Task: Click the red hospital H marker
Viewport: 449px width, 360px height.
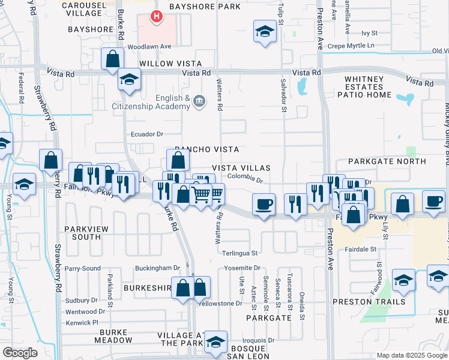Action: [157, 17]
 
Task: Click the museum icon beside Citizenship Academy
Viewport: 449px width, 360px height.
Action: [200, 103]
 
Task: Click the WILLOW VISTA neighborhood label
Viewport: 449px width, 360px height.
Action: [170, 63]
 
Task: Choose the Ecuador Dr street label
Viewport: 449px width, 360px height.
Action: [147, 134]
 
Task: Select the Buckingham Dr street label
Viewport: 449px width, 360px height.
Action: [157, 268]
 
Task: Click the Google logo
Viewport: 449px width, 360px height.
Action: [20, 352]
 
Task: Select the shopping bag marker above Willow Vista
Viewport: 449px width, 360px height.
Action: [112, 59]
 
